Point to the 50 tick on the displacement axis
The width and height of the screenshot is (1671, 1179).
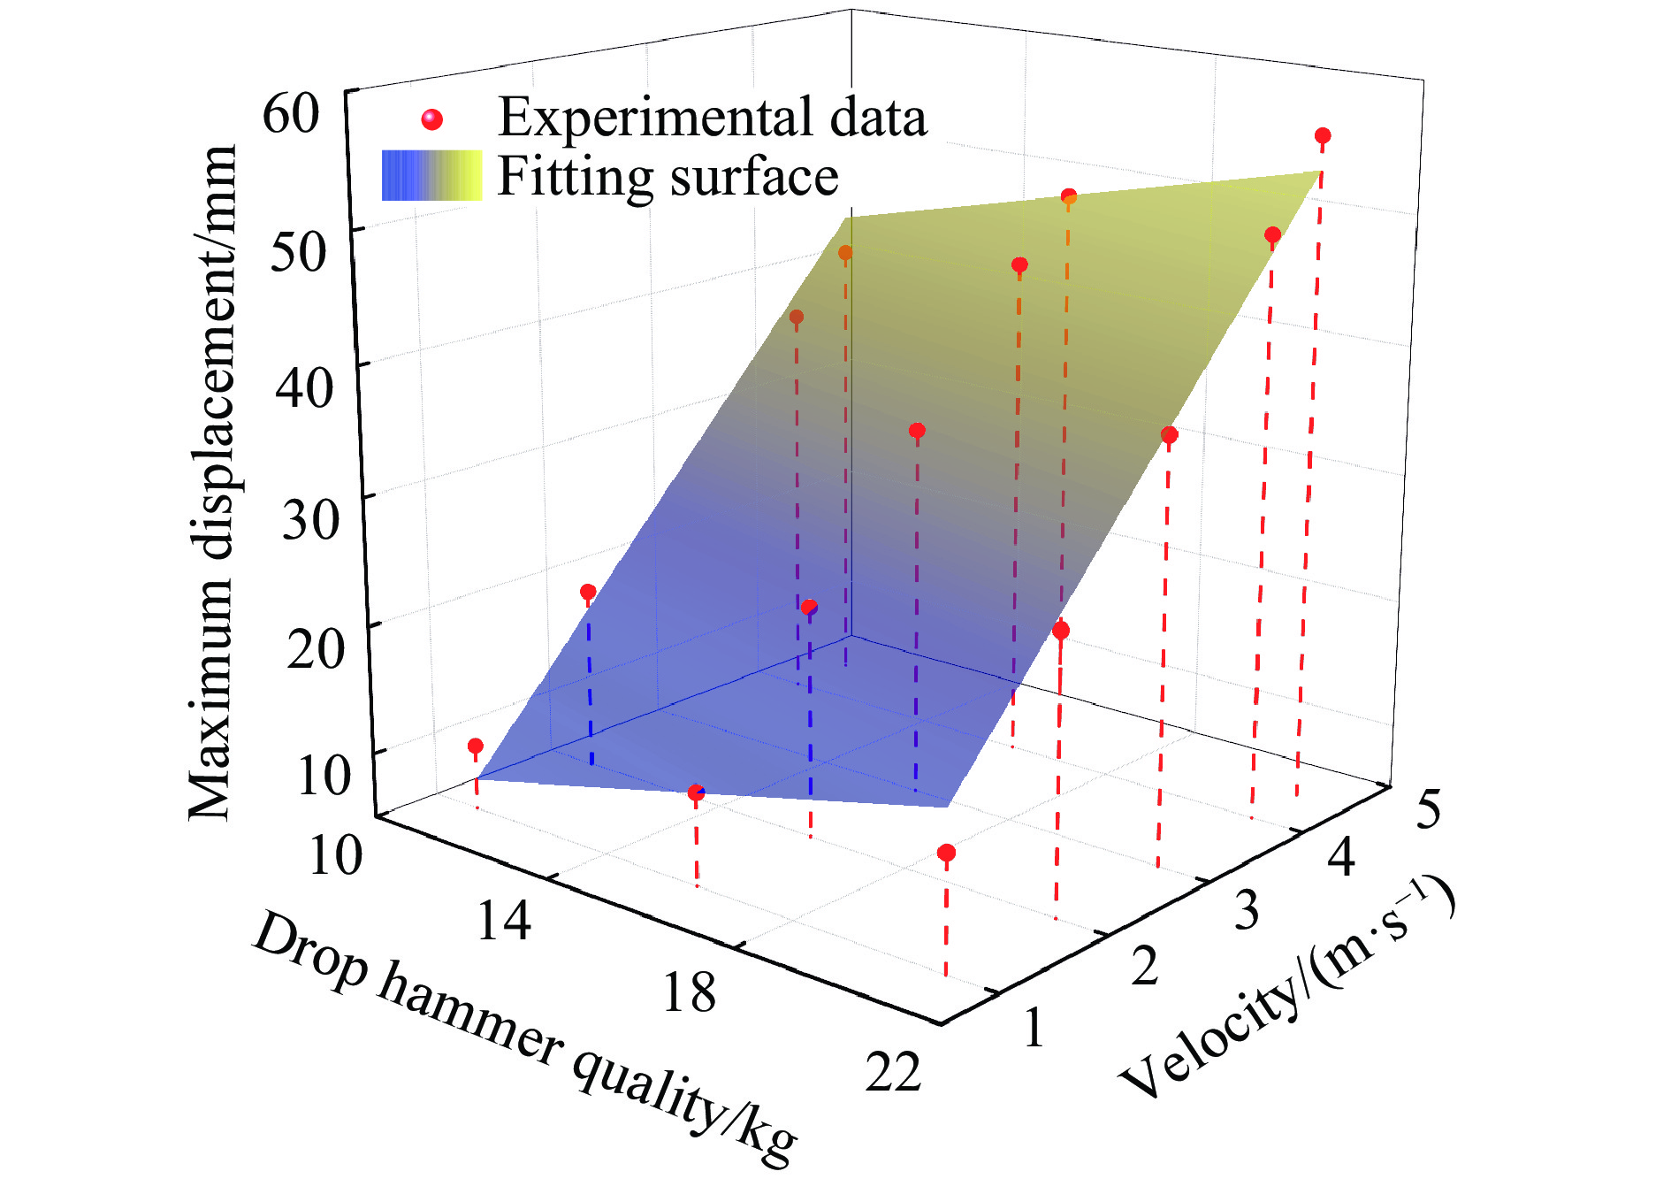coord(298,251)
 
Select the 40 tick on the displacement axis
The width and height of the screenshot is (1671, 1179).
coord(304,386)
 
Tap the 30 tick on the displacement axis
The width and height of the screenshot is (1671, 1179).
coord(310,517)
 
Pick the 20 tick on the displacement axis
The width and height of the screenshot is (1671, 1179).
coord(316,648)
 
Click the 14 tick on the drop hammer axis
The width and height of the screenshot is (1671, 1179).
coord(504,920)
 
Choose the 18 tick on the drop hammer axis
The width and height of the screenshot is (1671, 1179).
coord(689,992)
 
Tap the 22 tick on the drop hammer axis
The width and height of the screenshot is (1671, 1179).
coord(893,1072)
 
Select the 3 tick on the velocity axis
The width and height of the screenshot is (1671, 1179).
coord(1247,911)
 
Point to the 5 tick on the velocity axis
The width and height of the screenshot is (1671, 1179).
coord(1428,809)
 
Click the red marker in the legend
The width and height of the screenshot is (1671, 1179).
coord(431,119)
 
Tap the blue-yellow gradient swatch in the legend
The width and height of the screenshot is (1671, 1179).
coord(431,175)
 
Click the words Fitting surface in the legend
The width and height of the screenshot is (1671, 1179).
coord(668,176)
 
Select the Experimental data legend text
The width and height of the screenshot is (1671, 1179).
coord(713,118)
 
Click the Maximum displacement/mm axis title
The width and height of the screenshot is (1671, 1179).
coord(213,482)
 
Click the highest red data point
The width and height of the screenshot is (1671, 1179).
coord(1323,136)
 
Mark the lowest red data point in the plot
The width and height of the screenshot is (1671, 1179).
coord(947,853)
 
